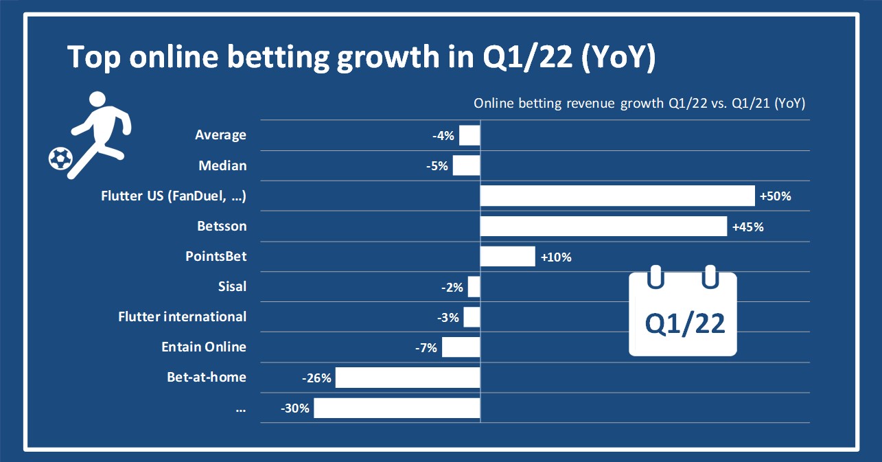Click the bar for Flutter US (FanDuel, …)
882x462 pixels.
pos(617,196)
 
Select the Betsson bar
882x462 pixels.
pos(603,226)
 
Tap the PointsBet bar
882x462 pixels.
pos(507,257)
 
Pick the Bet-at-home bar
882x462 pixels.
pos(408,377)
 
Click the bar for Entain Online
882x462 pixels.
pos(461,347)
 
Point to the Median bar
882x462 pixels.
pos(466,165)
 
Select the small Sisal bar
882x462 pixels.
pos(474,286)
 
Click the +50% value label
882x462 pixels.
pos(776,196)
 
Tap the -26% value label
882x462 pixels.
pos(316,378)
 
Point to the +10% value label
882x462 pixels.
pos(556,257)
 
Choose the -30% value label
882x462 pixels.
pos(295,408)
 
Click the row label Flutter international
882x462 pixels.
pos(182,316)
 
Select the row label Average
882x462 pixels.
pos(220,135)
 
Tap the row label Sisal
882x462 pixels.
pos(231,286)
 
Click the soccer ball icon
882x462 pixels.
pos(60,159)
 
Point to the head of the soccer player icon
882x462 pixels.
pos(98,100)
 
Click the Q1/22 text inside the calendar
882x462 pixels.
pos(685,323)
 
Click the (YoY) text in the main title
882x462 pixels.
pos(618,58)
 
